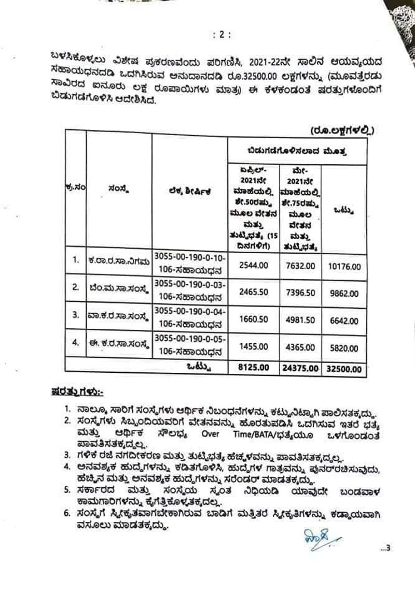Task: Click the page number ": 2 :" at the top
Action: click(x=222, y=35)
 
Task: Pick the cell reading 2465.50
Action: click(x=254, y=292)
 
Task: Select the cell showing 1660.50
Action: click(x=254, y=319)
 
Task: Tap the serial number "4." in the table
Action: click(x=75, y=341)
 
